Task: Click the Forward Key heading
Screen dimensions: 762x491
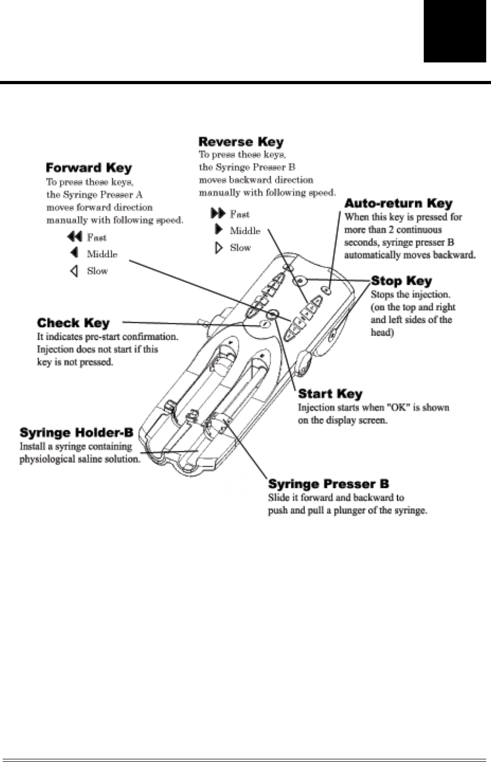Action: tap(88, 168)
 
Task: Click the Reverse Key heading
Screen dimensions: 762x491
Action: tap(241, 142)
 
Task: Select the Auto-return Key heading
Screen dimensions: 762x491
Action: tap(398, 204)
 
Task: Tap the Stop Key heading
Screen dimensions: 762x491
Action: tap(401, 281)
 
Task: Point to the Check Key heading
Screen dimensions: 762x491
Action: tap(73, 323)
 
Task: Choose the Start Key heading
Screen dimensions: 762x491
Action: tap(330, 394)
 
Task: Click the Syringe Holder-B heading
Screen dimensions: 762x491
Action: tap(76, 433)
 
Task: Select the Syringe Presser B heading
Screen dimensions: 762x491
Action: tap(328, 484)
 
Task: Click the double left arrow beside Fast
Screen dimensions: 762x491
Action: tap(75, 237)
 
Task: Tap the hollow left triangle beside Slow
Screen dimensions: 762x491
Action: tap(75, 271)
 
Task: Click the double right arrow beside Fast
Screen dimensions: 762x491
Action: tap(218, 213)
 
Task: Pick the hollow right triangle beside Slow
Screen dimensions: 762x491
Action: tap(219, 248)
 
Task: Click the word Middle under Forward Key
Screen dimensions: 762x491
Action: tap(102, 254)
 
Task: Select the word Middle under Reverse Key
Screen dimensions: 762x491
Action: tap(245, 231)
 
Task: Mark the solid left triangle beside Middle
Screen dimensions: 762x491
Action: tap(75, 253)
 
